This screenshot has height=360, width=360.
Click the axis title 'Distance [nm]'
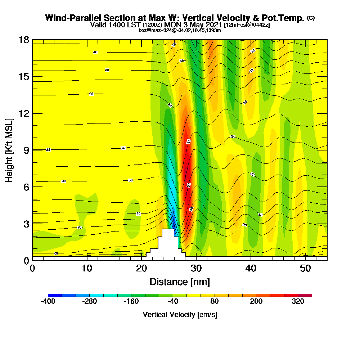pos(180,282)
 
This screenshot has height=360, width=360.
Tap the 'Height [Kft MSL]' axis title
pos(9,150)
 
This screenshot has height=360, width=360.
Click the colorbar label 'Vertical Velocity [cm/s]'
pos(180,315)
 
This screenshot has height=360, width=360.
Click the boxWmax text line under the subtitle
pos(180,30)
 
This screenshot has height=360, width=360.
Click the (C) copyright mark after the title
pos(311,18)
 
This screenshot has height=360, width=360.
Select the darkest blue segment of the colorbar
pos(55,295)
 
